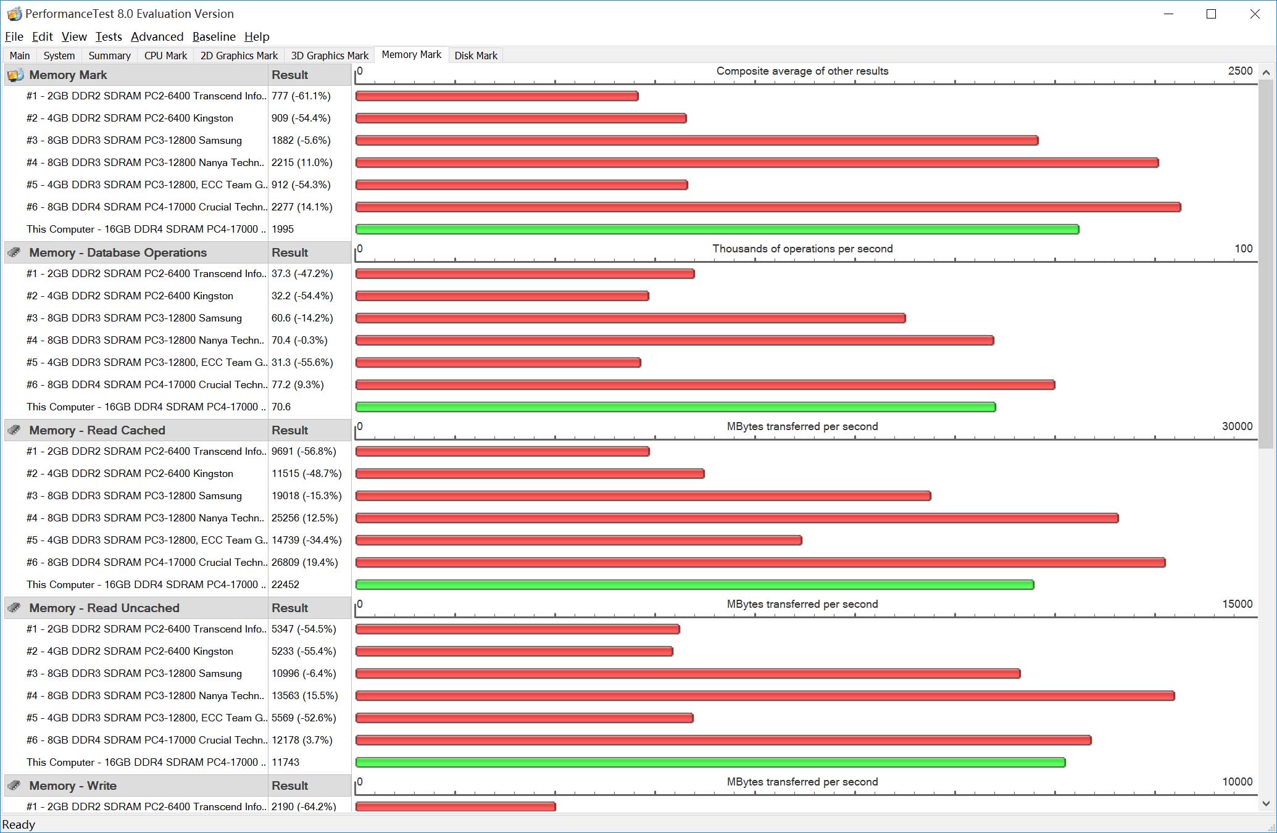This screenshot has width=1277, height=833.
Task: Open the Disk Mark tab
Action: tap(475, 56)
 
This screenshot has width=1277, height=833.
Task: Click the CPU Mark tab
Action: tap(165, 56)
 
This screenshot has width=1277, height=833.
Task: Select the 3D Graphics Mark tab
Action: tap(330, 56)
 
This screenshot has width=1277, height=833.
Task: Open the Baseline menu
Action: tap(214, 36)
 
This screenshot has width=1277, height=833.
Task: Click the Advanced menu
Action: tap(157, 36)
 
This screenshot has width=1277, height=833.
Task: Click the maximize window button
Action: tap(1211, 14)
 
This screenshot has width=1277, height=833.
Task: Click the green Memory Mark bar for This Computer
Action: tap(717, 230)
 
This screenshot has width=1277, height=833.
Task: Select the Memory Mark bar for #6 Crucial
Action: tap(768, 207)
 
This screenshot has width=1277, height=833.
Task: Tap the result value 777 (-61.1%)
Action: tap(301, 96)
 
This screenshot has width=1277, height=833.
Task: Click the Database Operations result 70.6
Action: tap(281, 407)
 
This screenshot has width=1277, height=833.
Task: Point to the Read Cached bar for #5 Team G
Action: tap(578, 541)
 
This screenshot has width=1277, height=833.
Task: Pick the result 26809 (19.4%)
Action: tap(305, 563)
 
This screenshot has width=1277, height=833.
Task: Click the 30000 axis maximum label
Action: tap(1237, 426)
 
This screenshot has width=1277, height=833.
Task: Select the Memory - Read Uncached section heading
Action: tap(104, 608)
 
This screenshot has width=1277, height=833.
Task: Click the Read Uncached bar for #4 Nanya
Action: tap(765, 696)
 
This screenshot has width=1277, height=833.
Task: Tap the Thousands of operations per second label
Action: tap(802, 249)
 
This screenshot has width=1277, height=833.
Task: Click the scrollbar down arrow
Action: tap(1266, 803)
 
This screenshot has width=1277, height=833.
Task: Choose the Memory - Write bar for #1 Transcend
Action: tap(455, 806)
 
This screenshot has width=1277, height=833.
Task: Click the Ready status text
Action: tap(19, 825)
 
